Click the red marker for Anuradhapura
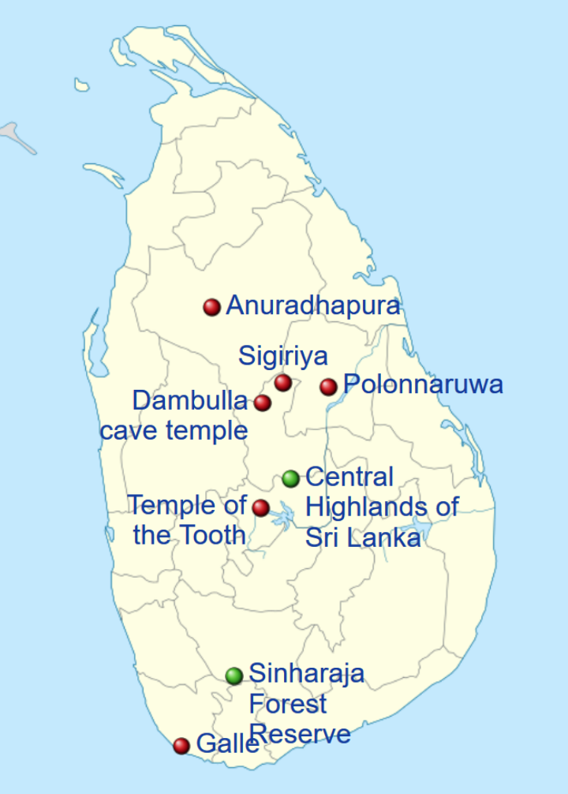pyautogui.click(x=211, y=307)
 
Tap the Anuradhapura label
pyautogui.click(x=313, y=306)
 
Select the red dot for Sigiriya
pyautogui.click(x=283, y=383)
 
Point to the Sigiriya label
pyautogui.click(x=283, y=356)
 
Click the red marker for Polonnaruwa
pyautogui.click(x=329, y=386)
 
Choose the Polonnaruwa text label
pyautogui.click(x=424, y=385)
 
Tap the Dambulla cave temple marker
pyautogui.click(x=263, y=403)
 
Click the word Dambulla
pyautogui.click(x=189, y=401)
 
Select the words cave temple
pyautogui.click(x=174, y=431)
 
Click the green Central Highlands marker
pyautogui.click(x=291, y=478)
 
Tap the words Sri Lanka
pyautogui.click(x=362, y=537)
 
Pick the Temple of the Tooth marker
pyautogui.click(x=260, y=507)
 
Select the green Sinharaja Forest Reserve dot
pyautogui.click(x=234, y=676)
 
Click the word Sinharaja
pyautogui.click(x=306, y=674)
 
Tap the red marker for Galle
pyautogui.click(x=181, y=745)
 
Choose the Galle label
pyautogui.click(x=227, y=743)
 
